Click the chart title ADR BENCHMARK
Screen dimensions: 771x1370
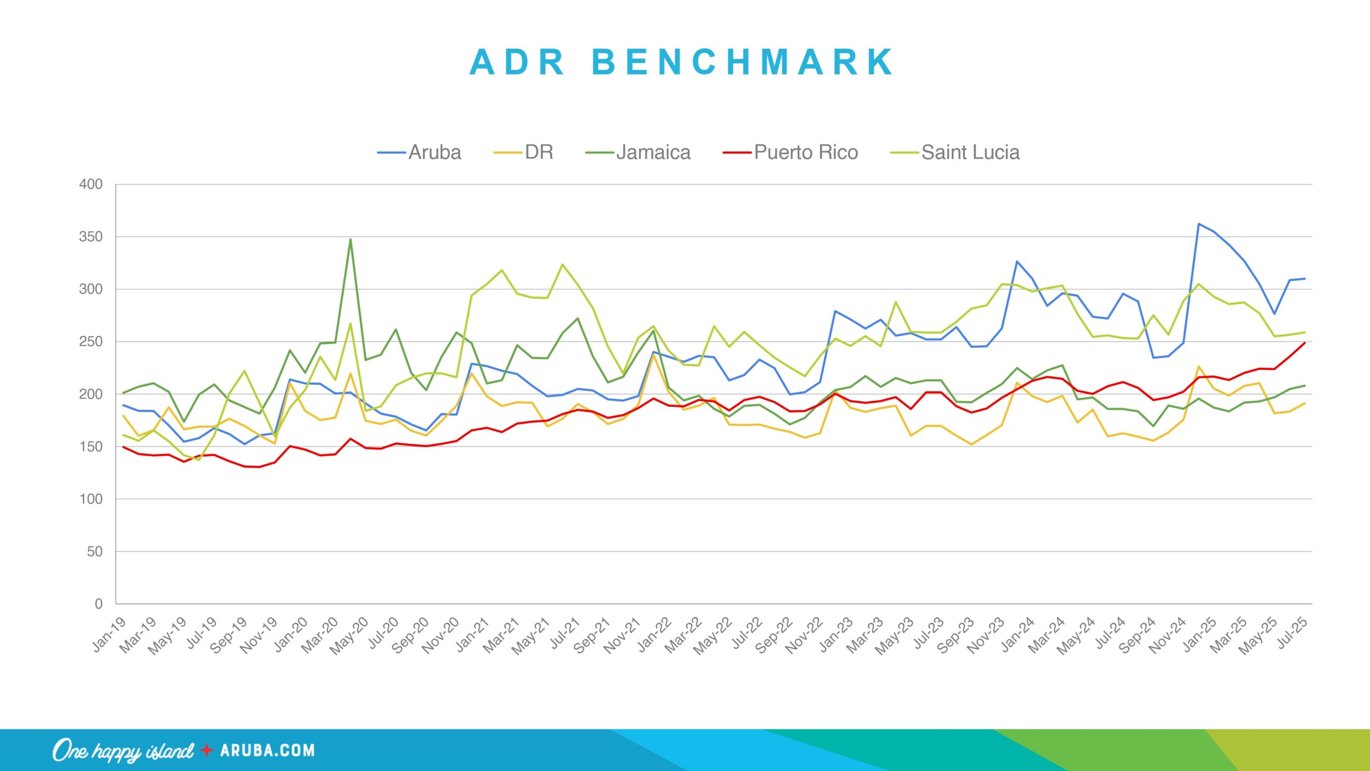coord(681,62)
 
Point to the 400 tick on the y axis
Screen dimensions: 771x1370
coord(91,185)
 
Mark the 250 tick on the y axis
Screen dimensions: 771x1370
coord(91,342)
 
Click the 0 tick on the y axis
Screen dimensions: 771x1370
coord(98,604)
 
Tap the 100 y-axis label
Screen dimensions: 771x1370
coord(91,499)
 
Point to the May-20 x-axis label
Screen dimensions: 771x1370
coord(349,636)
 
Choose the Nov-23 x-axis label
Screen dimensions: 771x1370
coord(986,636)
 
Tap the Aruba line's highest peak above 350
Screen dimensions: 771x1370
coord(1199,224)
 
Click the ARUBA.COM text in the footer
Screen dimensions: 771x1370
coord(267,750)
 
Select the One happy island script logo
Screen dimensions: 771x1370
coord(123,751)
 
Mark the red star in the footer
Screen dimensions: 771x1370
coord(207,750)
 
